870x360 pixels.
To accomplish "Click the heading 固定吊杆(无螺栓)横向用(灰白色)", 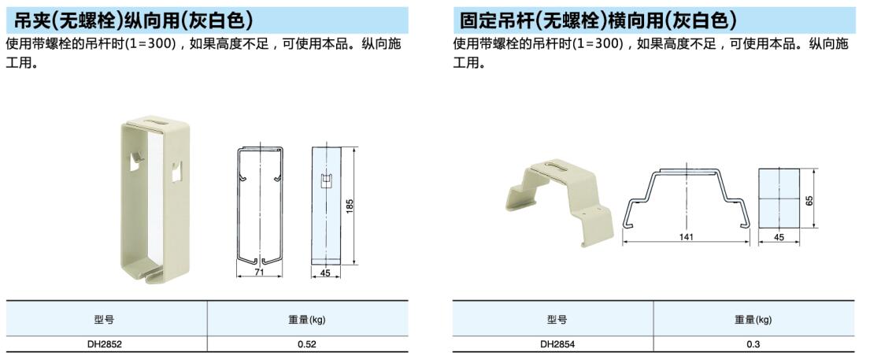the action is click(x=598, y=20).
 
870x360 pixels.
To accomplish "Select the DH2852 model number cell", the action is click(x=104, y=344).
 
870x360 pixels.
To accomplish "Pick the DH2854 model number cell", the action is click(x=557, y=344).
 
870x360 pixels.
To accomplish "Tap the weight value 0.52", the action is click(x=307, y=344).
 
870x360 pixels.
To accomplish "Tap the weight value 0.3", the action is click(x=753, y=344).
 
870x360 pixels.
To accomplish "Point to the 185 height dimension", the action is click(x=350, y=206).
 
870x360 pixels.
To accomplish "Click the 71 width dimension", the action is click(x=260, y=272).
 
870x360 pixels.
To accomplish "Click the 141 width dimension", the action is click(x=687, y=237).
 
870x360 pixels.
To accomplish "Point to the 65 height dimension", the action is click(x=809, y=199).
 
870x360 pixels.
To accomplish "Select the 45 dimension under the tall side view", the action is click(x=326, y=273).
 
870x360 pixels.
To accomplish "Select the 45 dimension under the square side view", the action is click(x=779, y=237).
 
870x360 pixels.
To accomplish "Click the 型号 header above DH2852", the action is click(x=104, y=320).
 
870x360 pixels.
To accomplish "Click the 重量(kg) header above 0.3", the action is click(x=753, y=320).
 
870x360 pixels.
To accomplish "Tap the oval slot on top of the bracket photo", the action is click(x=557, y=165).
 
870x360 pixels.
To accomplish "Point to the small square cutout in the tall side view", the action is click(x=326, y=180).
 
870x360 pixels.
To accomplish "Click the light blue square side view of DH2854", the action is click(x=779, y=198).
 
